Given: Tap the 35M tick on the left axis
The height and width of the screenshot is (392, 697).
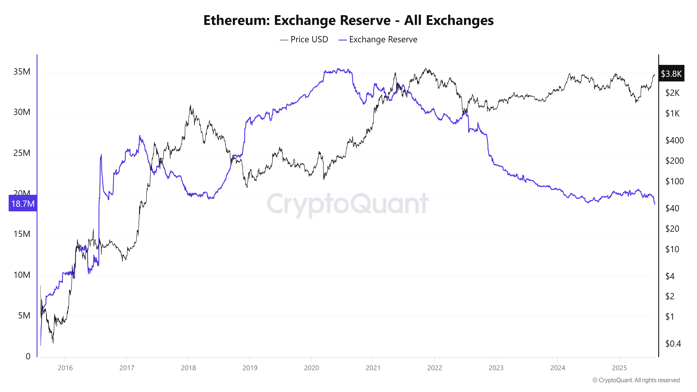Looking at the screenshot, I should pyautogui.click(x=22, y=72).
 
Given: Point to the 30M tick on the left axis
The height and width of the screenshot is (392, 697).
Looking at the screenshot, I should pyautogui.click(x=22, y=112).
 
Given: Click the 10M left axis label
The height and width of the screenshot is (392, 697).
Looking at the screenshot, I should pyautogui.click(x=22, y=275).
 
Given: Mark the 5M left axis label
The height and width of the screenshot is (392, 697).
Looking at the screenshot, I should pyautogui.click(x=24, y=316).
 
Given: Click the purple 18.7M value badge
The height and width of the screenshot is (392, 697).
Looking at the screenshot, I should pyautogui.click(x=23, y=203).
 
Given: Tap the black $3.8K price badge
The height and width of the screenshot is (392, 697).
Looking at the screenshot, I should pyautogui.click(x=671, y=74).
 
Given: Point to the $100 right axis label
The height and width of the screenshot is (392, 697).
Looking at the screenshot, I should pyautogui.click(x=674, y=181).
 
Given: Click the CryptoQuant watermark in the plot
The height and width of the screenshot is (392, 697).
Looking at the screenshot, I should pyautogui.click(x=348, y=203).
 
